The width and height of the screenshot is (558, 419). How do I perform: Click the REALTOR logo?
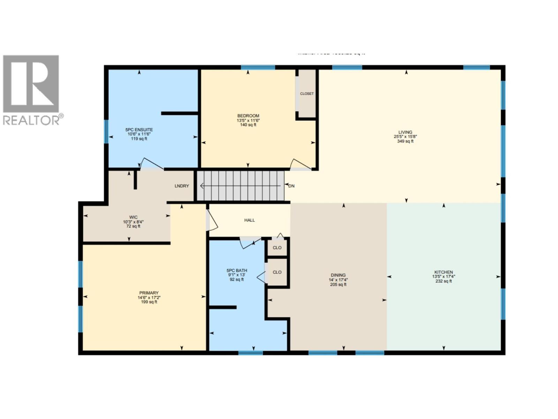31,90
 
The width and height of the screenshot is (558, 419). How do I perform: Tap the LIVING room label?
405,132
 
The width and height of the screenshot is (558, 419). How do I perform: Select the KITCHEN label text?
443,272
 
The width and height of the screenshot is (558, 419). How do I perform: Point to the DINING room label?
338,275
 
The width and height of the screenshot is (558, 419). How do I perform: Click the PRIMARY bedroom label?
149,293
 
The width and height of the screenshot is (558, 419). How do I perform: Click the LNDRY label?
182,186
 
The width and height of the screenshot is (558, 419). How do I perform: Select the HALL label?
249,220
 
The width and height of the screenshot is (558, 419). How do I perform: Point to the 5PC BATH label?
236,270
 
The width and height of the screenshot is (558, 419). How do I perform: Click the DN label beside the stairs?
292,186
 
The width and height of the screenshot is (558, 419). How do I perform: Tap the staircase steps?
241,186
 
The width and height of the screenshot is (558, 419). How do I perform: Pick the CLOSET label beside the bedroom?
307,94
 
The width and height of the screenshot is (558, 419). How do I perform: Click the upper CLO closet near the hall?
277,248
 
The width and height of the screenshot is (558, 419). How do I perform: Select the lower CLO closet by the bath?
277,272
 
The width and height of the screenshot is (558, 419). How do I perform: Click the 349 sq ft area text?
405,141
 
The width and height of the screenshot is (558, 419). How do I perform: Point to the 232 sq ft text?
443,281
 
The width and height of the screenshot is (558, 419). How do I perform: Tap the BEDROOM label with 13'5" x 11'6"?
248,116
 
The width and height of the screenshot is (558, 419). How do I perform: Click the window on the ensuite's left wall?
106,132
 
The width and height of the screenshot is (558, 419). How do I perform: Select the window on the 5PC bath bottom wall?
250,353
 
